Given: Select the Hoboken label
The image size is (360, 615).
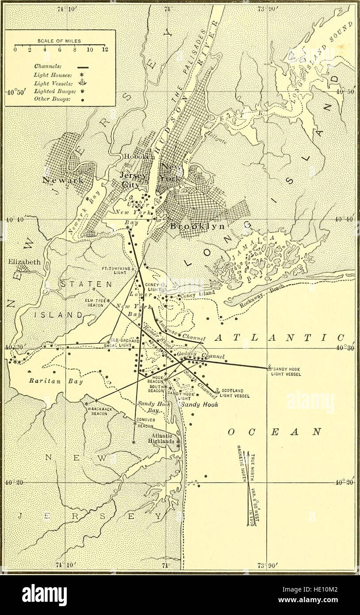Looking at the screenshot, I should click(x=138, y=157).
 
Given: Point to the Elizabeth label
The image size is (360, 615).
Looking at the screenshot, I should click(x=24, y=262).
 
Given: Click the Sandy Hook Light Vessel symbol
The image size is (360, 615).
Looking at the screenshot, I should click(x=269, y=367).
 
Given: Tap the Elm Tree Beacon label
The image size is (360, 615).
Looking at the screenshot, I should click(x=94, y=302).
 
